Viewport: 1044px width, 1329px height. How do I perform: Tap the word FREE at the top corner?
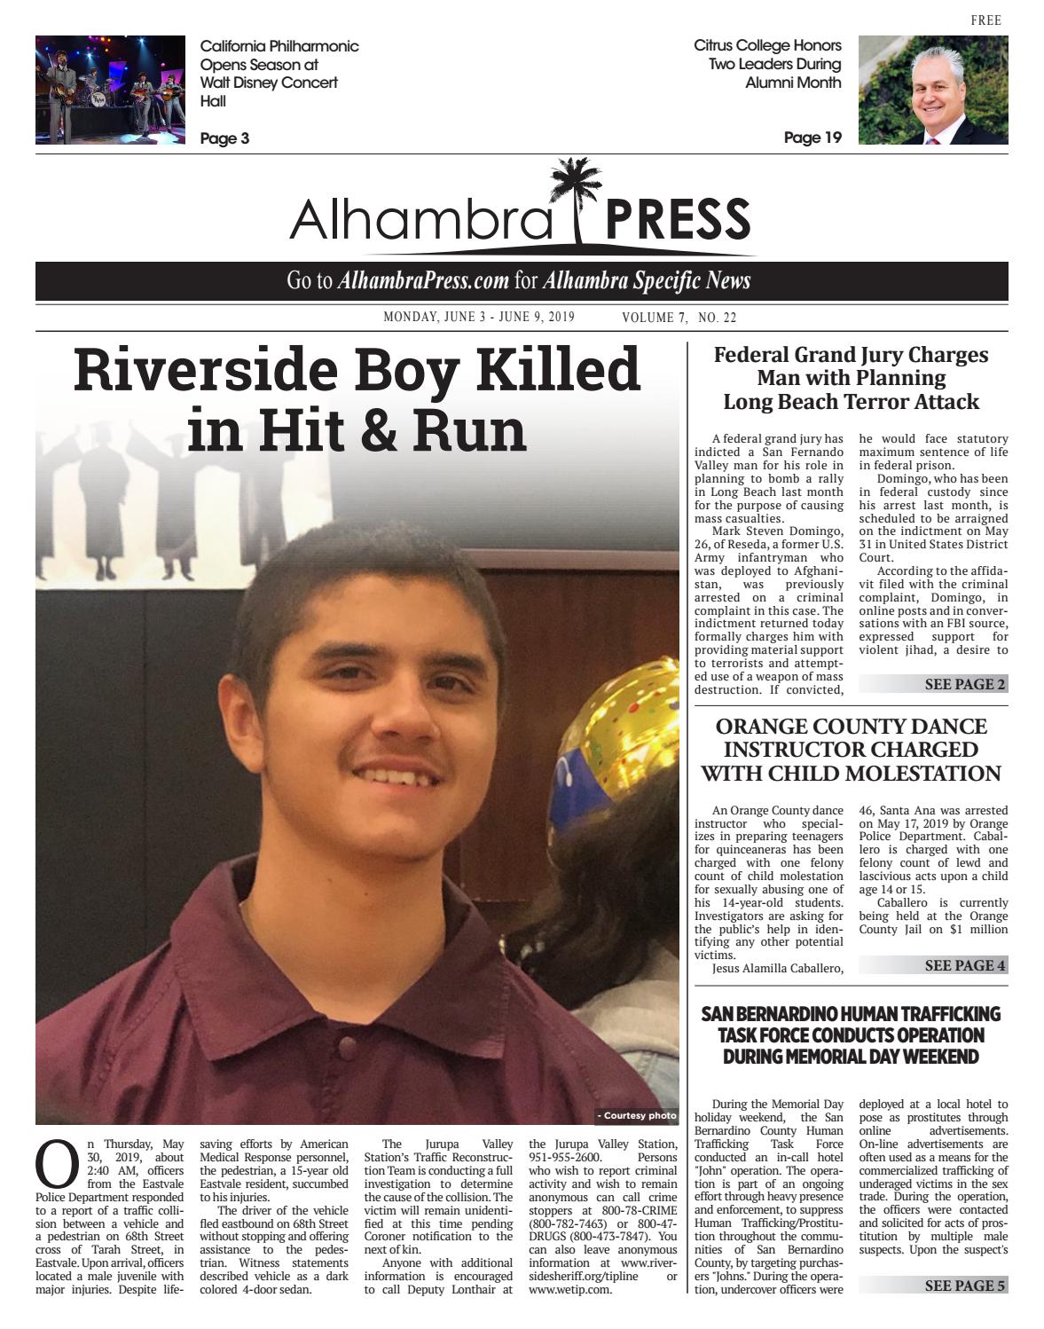(x=985, y=20)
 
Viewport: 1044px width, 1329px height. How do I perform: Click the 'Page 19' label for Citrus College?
(x=812, y=138)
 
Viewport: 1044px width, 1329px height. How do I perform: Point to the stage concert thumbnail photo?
(x=110, y=90)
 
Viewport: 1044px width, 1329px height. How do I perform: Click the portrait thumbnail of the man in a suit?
(x=932, y=90)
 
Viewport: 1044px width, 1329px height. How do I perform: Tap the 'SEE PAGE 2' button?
(x=964, y=684)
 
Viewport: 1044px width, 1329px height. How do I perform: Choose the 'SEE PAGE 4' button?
(x=964, y=965)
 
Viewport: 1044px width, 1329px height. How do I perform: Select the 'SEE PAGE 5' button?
(x=964, y=1286)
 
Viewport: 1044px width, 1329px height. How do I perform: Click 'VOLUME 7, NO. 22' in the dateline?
(x=679, y=318)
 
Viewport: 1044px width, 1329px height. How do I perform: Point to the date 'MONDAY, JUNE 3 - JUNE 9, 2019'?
(x=479, y=318)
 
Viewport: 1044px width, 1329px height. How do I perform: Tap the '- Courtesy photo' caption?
(x=636, y=1115)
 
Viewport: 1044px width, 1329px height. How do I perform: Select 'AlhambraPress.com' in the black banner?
(x=423, y=281)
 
